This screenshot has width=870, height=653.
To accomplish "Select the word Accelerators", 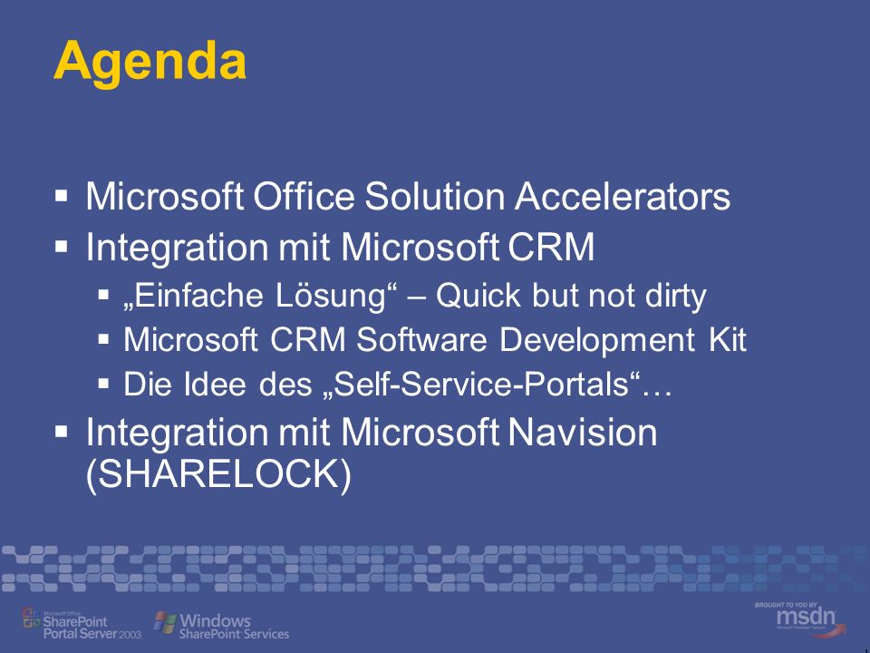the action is [x=623, y=196].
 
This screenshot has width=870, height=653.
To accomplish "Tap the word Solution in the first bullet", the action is [x=435, y=196].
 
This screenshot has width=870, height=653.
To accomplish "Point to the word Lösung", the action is [x=332, y=295].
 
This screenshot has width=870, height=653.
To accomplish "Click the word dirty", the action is [x=676, y=296].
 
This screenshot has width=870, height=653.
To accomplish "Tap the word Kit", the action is [x=728, y=339].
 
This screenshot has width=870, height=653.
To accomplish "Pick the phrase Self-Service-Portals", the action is [x=480, y=384].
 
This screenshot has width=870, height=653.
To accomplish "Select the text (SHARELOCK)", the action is [x=218, y=475].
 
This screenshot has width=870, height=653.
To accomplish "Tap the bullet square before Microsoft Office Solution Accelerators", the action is [x=62, y=196].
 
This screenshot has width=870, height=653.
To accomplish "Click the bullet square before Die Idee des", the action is [x=103, y=383].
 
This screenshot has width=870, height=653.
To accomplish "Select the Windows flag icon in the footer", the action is [x=165, y=622].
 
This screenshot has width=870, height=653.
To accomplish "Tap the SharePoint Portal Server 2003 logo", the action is [x=81, y=624].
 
